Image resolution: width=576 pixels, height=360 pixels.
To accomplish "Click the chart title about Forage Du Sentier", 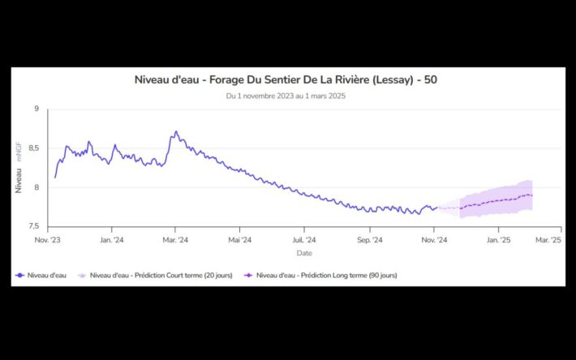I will click(286, 79).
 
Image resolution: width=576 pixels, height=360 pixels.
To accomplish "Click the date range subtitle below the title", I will click(286, 96).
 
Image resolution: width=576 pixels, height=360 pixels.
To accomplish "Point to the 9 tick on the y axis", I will click(36, 109).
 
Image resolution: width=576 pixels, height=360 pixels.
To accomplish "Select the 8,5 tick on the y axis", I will click(33, 148).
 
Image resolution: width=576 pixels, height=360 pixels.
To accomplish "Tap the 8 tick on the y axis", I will click(36, 187).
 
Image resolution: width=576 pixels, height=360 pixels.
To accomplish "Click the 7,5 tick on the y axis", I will click(33, 227).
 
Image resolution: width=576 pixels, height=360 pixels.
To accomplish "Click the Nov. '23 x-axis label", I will click(48, 240).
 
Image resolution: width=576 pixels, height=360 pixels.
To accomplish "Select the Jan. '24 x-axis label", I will click(112, 240).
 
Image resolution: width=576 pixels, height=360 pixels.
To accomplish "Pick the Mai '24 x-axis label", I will click(239, 240).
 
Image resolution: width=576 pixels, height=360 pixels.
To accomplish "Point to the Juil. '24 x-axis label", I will click(304, 240).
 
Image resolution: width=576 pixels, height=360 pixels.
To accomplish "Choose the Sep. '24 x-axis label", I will click(369, 240).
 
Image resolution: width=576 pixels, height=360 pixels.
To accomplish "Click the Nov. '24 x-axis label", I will click(435, 240).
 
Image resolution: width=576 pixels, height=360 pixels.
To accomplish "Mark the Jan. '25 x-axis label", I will click(498, 240).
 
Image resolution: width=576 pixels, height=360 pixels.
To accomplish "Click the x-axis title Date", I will click(303, 253).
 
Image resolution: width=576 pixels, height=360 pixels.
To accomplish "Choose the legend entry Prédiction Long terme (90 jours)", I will click(326, 276).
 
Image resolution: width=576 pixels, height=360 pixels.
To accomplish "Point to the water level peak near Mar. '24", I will click(176, 131).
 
